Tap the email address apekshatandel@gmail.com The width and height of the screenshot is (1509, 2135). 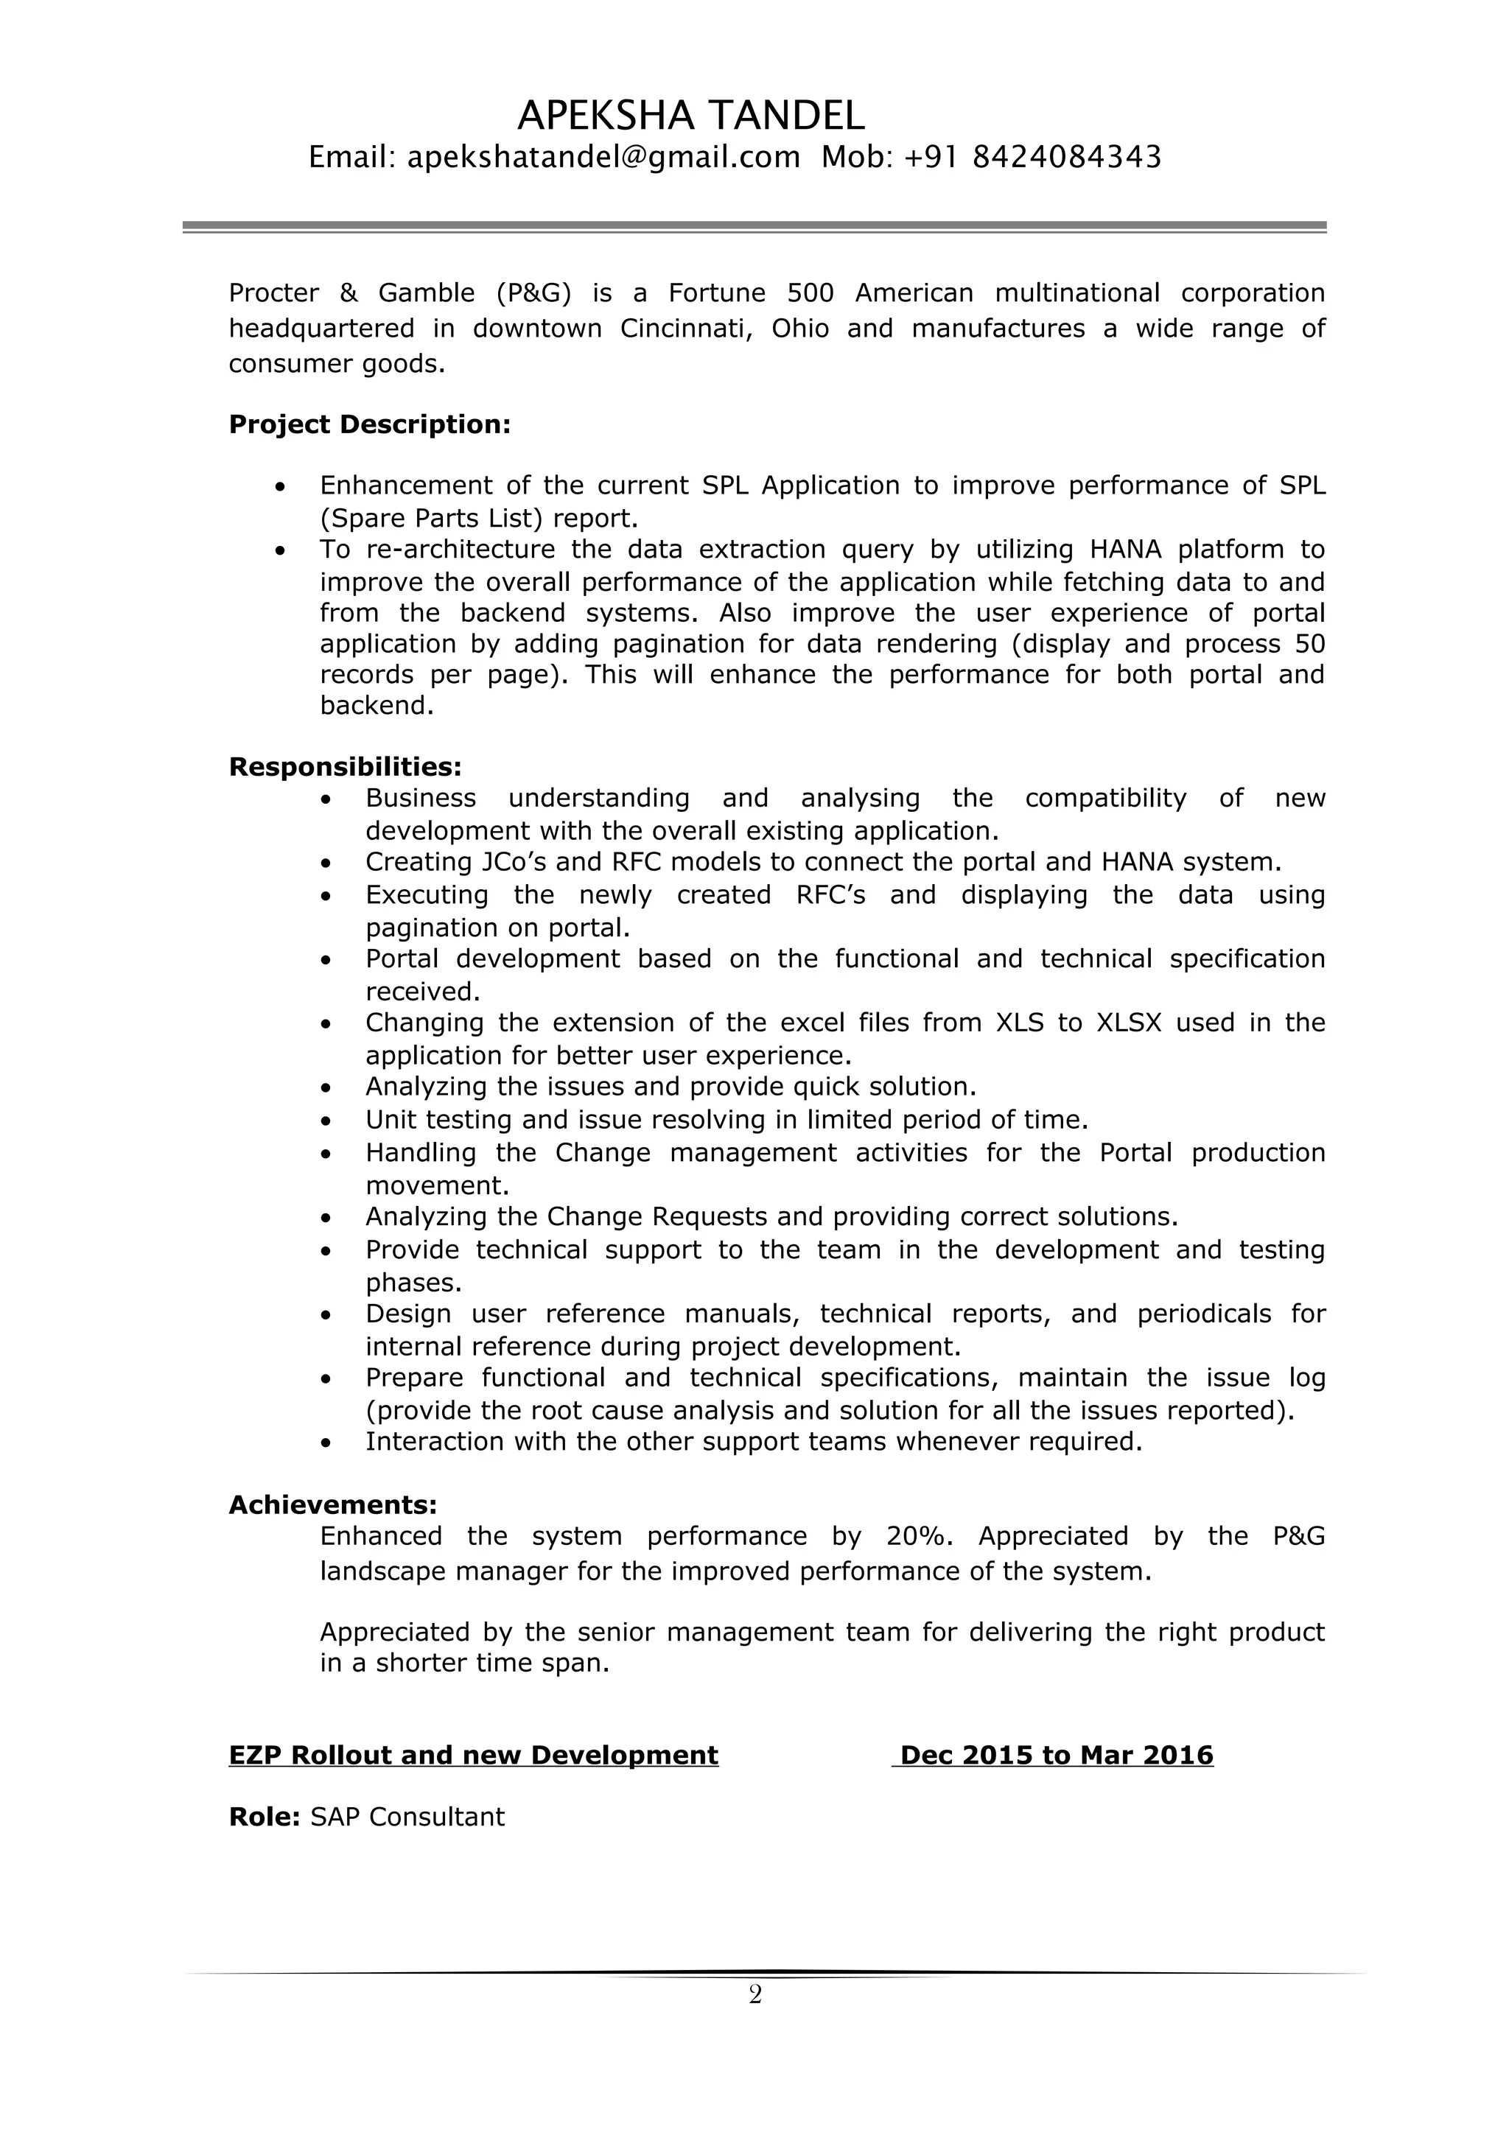pos(603,157)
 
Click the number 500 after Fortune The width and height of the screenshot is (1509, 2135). pos(810,293)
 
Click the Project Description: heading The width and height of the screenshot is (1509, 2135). pos(369,425)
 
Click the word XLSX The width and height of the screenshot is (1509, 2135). pos(1129,1023)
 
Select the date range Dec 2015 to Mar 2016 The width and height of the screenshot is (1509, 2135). pos(1056,1756)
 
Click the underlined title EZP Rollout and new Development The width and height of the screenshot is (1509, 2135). pos(473,1756)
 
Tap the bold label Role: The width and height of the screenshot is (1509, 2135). pos(264,1818)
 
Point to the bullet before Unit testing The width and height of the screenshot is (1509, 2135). pos(326,1121)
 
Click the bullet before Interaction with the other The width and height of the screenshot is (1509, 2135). pos(326,1443)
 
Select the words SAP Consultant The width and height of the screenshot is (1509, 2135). pos(407,1818)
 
